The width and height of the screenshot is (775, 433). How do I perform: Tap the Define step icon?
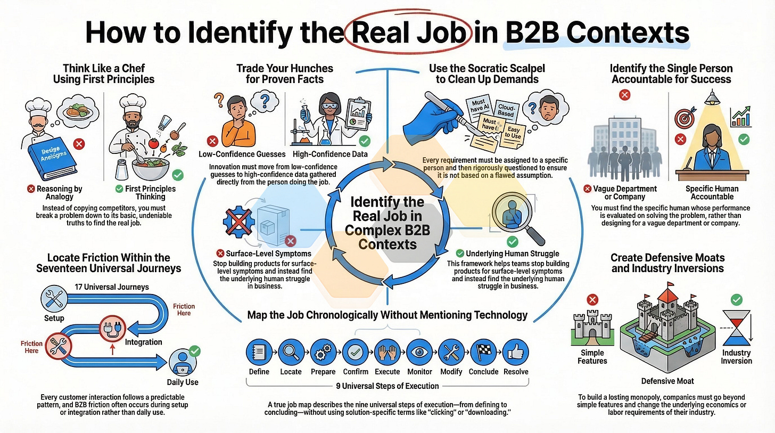pyautogui.click(x=259, y=352)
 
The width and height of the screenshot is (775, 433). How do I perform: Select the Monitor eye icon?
pyautogui.click(x=419, y=352)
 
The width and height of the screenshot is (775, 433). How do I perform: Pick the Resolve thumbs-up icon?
pyautogui.click(x=515, y=352)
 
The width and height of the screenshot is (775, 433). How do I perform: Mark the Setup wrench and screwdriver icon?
pyautogui.click(x=54, y=300)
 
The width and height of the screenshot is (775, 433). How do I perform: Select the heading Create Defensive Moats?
pyautogui.click(x=668, y=258)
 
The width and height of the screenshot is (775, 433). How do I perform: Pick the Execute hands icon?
pyautogui.click(x=387, y=352)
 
